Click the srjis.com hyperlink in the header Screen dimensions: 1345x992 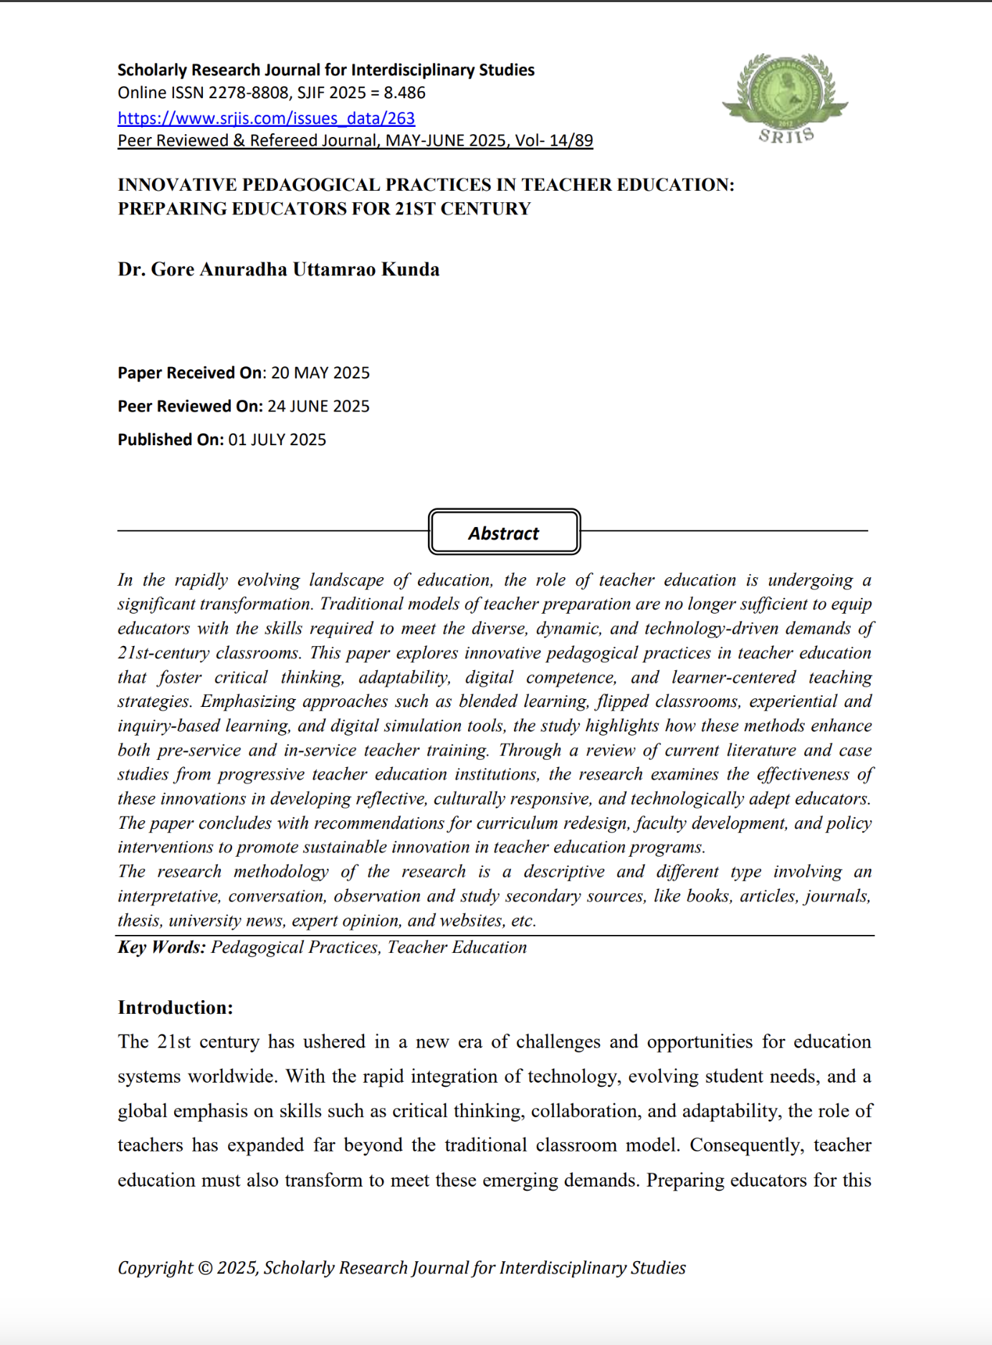[266, 118]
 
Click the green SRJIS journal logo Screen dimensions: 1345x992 [786, 98]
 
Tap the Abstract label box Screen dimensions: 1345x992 [504, 533]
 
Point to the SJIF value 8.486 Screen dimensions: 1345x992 [404, 93]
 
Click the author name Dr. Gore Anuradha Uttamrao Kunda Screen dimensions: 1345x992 [279, 270]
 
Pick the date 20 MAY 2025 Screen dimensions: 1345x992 [320, 373]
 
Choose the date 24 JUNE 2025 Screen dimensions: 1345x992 [318, 407]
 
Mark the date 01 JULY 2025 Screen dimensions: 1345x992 [277, 439]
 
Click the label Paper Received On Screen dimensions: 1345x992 [191, 373]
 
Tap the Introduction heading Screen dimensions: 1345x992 [176, 1007]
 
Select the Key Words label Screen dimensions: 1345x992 [161, 947]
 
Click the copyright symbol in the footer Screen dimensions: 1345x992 [204, 1268]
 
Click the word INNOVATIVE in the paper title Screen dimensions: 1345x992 [177, 185]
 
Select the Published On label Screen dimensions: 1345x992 [171, 439]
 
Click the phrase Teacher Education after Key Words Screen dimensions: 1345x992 [457, 947]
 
